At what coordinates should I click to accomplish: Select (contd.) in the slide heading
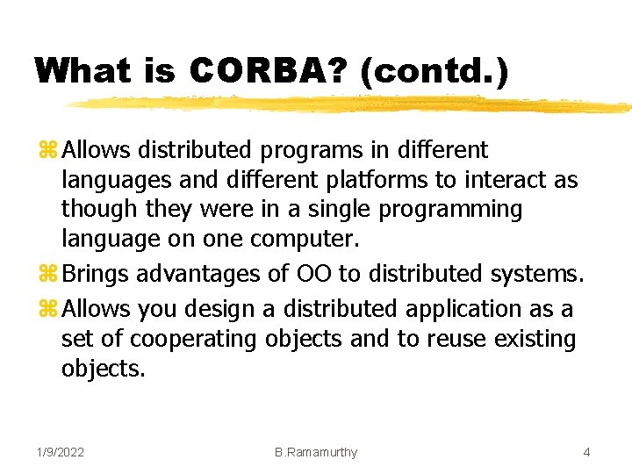pyautogui.click(x=433, y=70)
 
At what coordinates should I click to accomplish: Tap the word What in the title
pyautogui.click(x=83, y=70)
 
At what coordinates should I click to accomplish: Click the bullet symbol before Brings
pyautogui.click(x=49, y=275)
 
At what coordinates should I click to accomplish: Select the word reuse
pyautogui.click(x=451, y=339)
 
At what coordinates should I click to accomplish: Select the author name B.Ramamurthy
pyautogui.click(x=315, y=452)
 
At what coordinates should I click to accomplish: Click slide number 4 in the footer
pyautogui.click(x=586, y=452)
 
